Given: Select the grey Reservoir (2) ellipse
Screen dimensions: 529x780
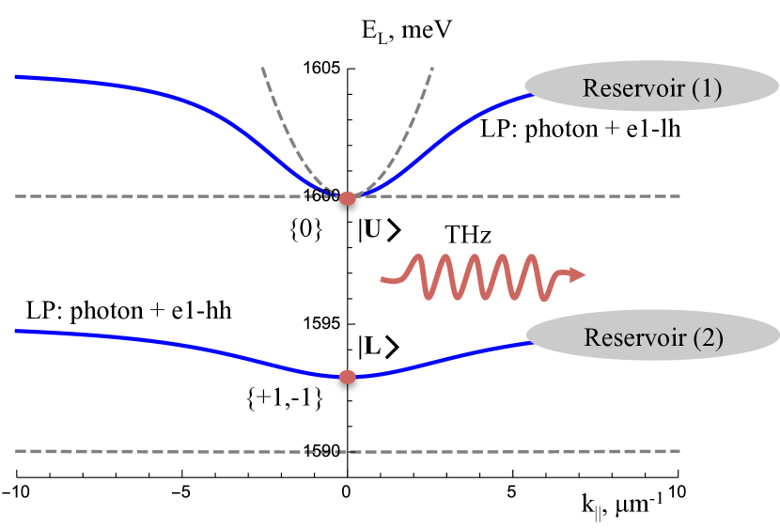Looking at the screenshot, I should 652,336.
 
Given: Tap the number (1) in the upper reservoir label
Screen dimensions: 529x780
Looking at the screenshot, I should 706,88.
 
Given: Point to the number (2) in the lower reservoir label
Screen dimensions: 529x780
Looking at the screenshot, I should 708,338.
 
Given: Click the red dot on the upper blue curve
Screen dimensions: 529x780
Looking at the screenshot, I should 348,198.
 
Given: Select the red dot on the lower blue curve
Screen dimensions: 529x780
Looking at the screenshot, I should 348,377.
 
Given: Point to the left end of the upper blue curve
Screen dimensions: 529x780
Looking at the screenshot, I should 17,76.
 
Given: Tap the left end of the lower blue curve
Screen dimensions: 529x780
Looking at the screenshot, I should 17,331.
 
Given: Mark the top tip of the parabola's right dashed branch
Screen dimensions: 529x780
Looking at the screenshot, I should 432,68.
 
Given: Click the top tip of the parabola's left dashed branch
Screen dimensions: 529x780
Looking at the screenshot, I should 262,68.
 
